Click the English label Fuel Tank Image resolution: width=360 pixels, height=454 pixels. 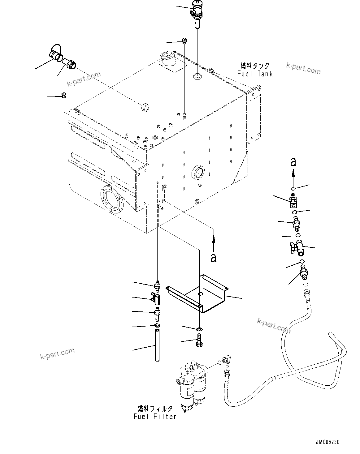click(x=255, y=74)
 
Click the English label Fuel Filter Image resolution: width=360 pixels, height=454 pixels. click(x=155, y=416)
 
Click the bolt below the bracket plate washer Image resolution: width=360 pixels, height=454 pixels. click(x=199, y=340)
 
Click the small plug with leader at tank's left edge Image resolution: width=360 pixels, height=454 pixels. click(x=64, y=95)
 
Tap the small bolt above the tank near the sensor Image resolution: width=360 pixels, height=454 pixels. click(x=184, y=41)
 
